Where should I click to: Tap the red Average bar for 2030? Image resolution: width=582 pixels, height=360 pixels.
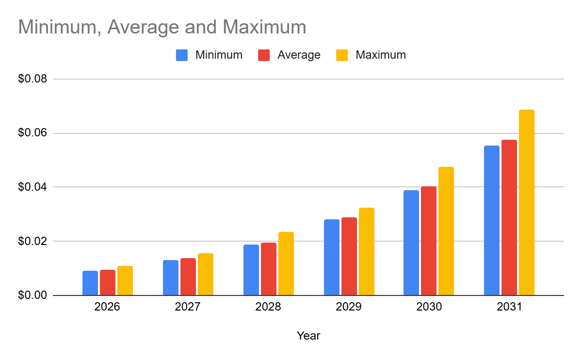click(x=428, y=241)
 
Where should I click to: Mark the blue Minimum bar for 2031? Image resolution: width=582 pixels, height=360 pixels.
click(x=491, y=220)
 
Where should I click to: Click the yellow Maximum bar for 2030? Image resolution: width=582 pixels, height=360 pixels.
click(x=446, y=231)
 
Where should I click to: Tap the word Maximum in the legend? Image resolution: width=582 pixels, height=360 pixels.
click(x=380, y=55)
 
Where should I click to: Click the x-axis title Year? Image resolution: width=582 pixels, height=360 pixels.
click(x=308, y=335)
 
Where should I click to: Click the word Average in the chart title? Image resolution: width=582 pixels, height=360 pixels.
click(x=137, y=27)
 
